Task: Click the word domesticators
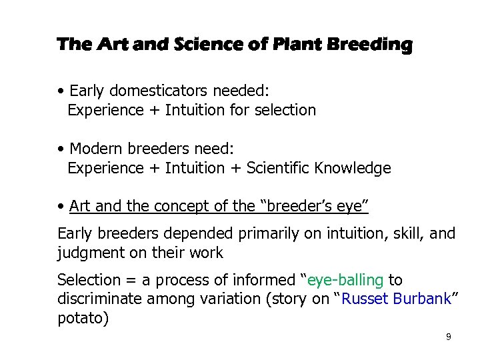tap(155, 91)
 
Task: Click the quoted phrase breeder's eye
tap(317, 206)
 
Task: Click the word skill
tap(401, 234)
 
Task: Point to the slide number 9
tap(448, 337)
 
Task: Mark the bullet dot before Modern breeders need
tap(61, 149)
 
